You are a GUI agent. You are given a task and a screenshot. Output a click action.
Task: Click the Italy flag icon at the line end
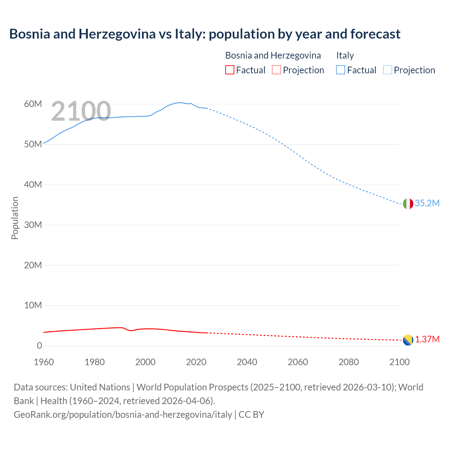(408, 203)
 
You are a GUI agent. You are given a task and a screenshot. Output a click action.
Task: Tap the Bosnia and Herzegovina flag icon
(408, 340)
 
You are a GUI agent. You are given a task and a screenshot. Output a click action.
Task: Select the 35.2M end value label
(427, 203)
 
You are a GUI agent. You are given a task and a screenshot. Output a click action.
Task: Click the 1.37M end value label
(427, 340)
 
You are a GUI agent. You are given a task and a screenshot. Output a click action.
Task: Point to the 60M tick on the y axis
(33, 104)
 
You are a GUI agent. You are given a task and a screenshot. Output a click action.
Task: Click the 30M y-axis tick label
(33, 225)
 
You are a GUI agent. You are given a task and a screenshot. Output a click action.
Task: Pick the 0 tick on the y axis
(39, 346)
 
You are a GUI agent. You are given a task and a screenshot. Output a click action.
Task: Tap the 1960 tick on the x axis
(44, 362)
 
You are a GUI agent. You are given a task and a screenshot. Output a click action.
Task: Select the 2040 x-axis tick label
(247, 362)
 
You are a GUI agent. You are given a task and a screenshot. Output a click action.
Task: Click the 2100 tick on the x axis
(399, 362)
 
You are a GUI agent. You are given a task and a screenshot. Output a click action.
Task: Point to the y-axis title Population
(15, 218)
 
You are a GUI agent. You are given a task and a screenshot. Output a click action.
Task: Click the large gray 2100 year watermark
(81, 112)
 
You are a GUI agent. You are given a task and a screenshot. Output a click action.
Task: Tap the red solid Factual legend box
(229, 70)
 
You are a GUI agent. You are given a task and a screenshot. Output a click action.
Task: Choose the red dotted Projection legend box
(276, 70)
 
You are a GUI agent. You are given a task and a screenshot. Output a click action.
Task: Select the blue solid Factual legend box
(341, 70)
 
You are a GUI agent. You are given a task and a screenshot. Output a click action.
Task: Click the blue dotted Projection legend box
(388, 70)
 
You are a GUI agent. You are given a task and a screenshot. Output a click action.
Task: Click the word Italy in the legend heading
(345, 55)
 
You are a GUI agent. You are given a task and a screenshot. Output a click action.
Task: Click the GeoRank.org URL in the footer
(123, 415)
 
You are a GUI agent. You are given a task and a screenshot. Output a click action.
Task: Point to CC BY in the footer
(252, 415)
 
